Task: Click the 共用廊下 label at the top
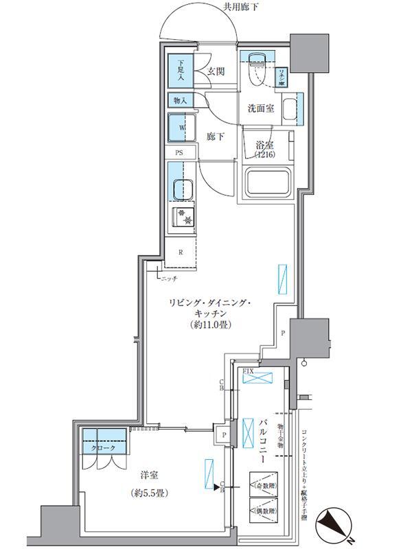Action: pyautogui.click(x=244, y=8)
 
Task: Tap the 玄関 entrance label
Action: pyautogui.click(x=215, y=71)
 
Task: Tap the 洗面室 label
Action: pyautogui.click(x=262, y=108)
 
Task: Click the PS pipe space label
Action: pyautogui.click(x=179, y=154)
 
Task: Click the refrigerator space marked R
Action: pyautogui.click(x=181, y=252)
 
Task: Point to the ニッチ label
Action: pyautogui.click(x=170, y=279)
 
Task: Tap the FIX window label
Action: pyautogui.click(x=249, y=371)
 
